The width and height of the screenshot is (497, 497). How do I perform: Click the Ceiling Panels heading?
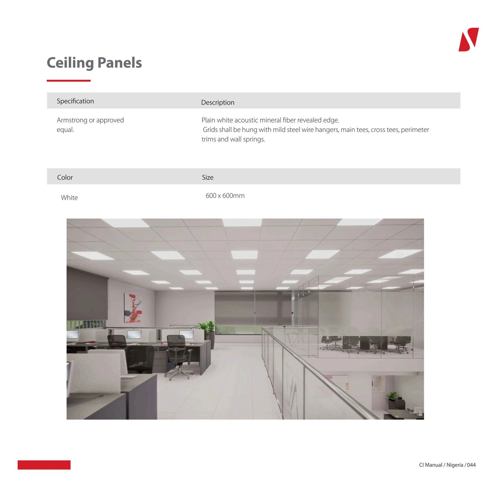(94, 63)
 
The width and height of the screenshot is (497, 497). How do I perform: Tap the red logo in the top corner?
(468, 39)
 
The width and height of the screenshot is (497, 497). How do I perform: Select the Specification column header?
(75, 101)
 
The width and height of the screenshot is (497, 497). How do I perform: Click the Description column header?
(218, 102)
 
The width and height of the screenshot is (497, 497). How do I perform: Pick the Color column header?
(65, 177)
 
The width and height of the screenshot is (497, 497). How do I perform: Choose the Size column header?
(208, 177)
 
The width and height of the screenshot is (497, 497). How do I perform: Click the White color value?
(69, 198)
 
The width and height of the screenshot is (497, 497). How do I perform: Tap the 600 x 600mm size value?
(225, 195)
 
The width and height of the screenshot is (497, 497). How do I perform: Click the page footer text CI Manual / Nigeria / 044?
(447, 465)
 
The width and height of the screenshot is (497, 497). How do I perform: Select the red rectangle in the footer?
(44, 465)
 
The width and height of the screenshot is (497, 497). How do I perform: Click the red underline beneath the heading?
(69, 81)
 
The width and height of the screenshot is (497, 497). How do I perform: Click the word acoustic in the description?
(246, 120)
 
